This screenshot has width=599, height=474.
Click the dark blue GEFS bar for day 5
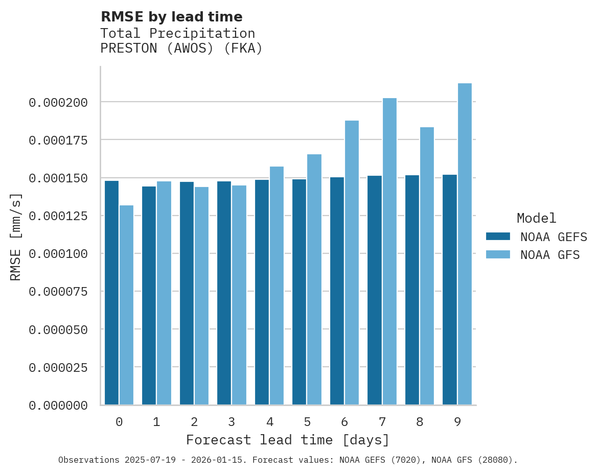(299, 292)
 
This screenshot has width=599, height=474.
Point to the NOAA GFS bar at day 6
(352, 263)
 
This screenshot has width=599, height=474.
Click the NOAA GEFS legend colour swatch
(498, 236)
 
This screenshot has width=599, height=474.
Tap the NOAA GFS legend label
(550, 255)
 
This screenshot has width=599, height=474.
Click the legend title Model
(536, 219)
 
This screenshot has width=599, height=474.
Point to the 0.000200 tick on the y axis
(58, 103)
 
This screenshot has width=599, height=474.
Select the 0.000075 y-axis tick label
(58, 292)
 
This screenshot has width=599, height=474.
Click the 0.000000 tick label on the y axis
(58, 406)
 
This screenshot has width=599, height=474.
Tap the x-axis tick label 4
(269, 422)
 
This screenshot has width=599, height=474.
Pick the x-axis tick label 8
(420, 422)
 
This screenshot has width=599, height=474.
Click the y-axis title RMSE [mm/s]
(16, 236)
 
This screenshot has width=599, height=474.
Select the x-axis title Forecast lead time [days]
(288, 440)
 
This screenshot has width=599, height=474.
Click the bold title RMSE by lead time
(171, 17)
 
